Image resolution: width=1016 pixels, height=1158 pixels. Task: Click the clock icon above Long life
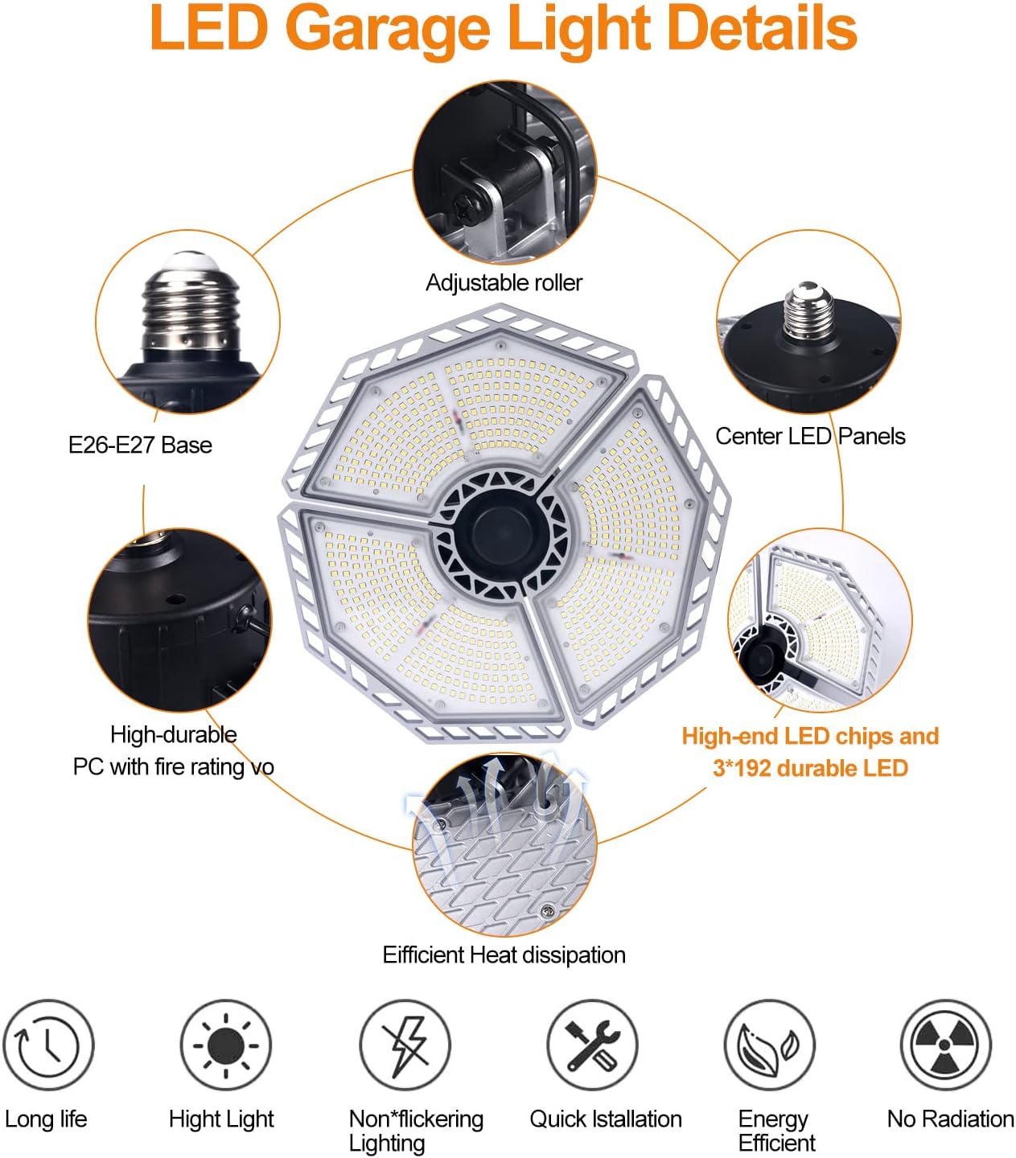tap(48, 1045)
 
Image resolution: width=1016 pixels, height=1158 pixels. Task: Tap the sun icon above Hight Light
tap(225, 1045)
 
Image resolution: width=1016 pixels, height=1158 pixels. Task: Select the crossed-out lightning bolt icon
tap(405, 1045)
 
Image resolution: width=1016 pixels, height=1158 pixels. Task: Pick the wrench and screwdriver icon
tap(592, 1045)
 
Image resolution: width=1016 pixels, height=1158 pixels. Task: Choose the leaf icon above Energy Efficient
tap(769, 1045)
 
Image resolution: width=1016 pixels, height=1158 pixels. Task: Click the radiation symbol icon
tap(945, 1045)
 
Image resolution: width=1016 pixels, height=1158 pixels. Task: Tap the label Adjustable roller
tap(504, 283)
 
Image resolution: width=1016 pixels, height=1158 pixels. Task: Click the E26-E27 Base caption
tap(140, 446)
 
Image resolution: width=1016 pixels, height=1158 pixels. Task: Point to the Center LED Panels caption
tap(810, 437)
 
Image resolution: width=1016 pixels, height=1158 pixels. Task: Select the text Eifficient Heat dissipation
tap(504, 955)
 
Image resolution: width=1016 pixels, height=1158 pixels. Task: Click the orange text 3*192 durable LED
tap(810, 769)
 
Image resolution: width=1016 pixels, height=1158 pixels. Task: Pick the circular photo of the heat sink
tap(504, 844)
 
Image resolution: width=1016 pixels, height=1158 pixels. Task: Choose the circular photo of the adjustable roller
tap(504, 172)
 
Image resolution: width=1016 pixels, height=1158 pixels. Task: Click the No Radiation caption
tap(950, 1119)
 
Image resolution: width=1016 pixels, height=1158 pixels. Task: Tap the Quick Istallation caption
tap(605, 1119)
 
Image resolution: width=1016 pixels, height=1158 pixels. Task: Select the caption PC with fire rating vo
tap(173, 767)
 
